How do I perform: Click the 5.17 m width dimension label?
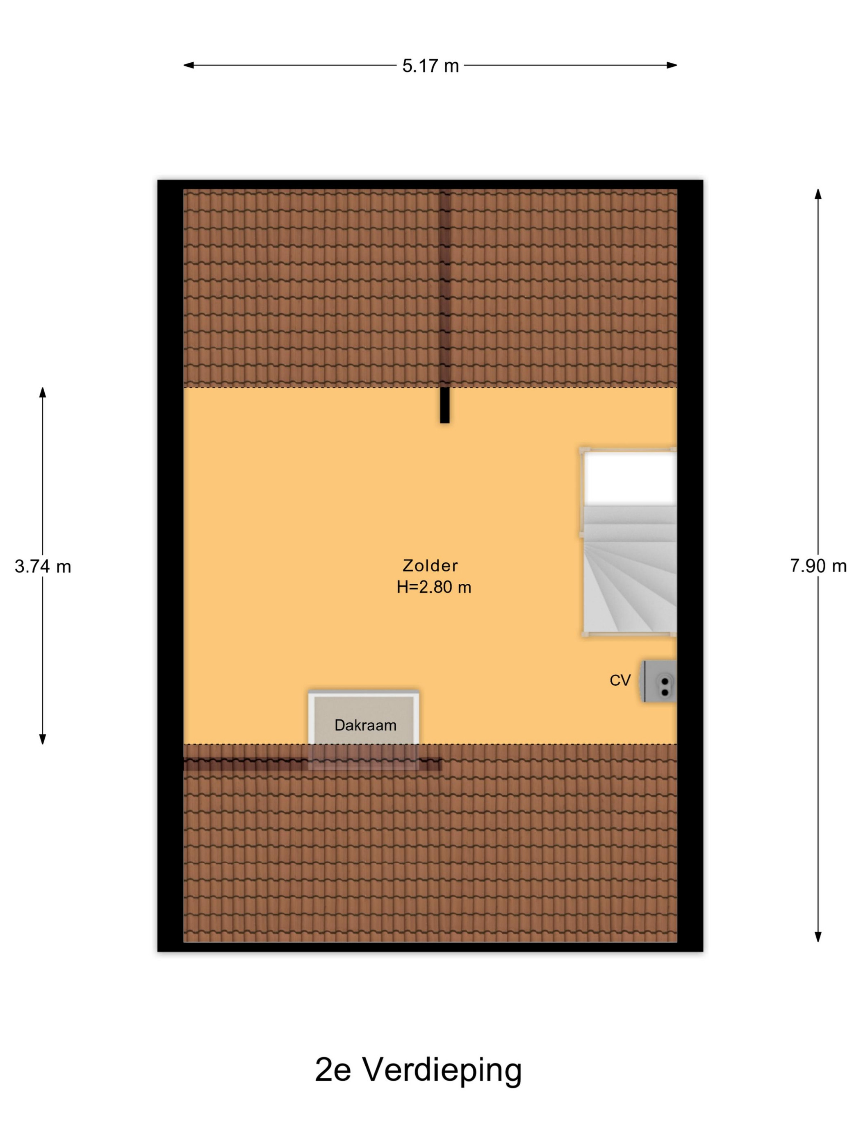(430, 66)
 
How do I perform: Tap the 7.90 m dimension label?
(818, 566)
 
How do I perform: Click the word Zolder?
(430, 565)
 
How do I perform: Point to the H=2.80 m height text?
(434, 587)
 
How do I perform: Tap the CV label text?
(620, 680)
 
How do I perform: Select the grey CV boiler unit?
(660, 681)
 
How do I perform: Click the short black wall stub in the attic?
(444, 406)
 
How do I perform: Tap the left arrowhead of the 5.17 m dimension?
(188, 65)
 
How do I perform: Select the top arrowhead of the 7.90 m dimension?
(818, 194)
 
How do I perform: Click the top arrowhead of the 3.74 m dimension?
(43, 392)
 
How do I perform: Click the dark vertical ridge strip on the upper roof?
(445, 288)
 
